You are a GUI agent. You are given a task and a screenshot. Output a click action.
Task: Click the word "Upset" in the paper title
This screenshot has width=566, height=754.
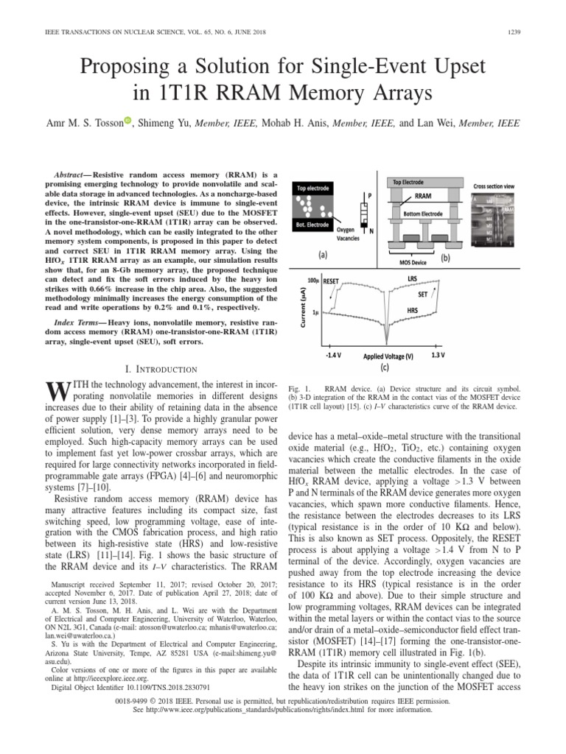[449, 68]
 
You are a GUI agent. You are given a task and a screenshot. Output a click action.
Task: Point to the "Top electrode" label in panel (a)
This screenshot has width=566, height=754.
[313, 188]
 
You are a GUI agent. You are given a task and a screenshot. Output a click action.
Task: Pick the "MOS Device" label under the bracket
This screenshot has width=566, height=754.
[412, 261]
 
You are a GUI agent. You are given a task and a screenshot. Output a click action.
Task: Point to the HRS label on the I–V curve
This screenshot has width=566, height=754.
[413, 311]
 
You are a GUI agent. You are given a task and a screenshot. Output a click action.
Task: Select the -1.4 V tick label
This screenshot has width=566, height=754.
[333, 354]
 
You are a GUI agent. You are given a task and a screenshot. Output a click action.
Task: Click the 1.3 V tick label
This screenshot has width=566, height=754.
[437, 354]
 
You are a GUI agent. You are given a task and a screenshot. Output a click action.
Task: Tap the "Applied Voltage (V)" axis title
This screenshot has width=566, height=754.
[388, 356]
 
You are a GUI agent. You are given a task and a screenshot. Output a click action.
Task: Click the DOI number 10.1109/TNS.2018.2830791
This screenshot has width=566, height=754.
[155, 687]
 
